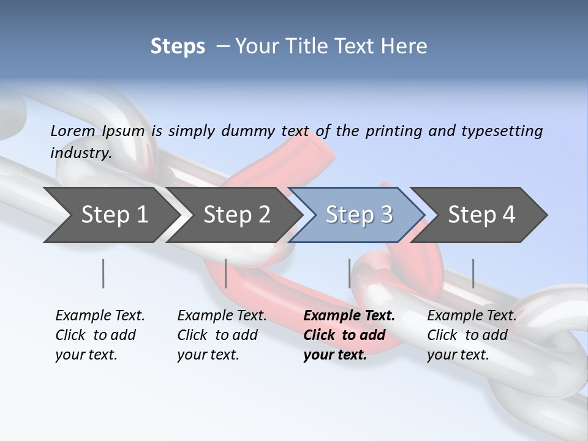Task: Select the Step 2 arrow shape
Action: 236,215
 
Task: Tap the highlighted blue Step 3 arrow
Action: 359,215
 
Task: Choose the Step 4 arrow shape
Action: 481,215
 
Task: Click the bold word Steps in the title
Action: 178,46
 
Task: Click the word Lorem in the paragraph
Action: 72,130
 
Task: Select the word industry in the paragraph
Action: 80,153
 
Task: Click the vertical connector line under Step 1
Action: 103,273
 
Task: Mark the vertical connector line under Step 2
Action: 226,273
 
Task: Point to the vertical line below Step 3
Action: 350,273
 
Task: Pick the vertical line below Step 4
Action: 473,273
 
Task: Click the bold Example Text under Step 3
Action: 349,316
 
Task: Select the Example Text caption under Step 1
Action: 100,316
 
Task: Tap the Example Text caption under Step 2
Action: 222,316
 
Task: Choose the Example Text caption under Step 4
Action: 472,316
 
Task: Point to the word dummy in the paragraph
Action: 249,131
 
